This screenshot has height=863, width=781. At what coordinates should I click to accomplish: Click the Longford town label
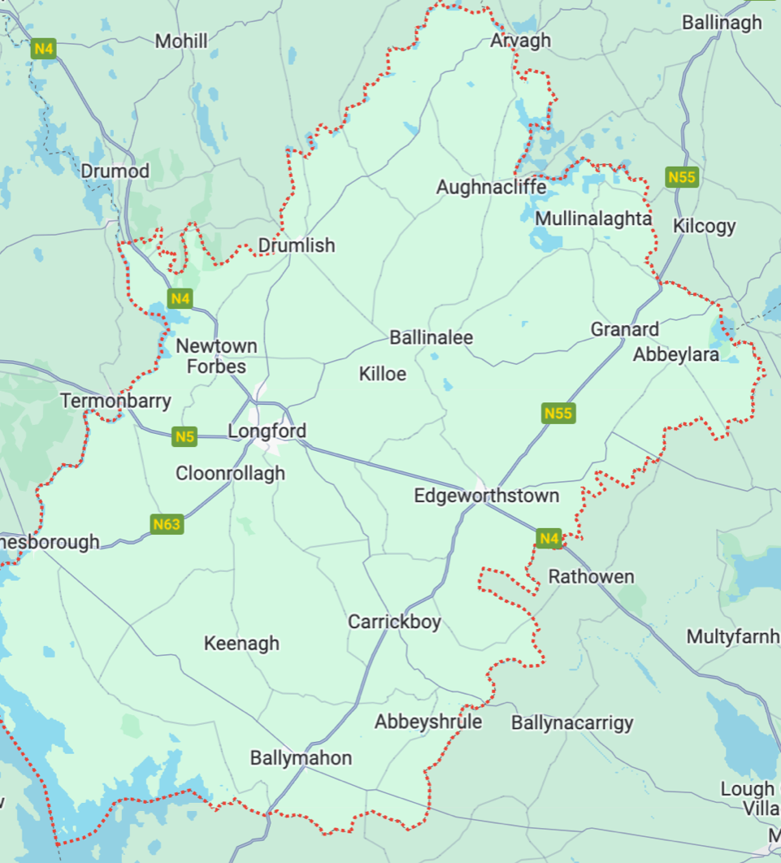pyautogui.click(x=267, y=431)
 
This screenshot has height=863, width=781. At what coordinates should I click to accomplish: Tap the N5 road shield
pyautogui.click(x=185, y=437)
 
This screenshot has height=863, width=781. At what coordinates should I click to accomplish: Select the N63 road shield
pyautogui.click(x=167, y=524)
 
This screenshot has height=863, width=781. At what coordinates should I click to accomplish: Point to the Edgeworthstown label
pyautogui.click(x=486, y=496)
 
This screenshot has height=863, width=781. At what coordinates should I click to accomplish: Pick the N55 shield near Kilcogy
pyautogui.click(x=681, y=177)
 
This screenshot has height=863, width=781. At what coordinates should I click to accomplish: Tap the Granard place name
pyautogui.click(x=624, y=329)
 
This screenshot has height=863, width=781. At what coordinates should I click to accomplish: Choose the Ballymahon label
pyautogui.click(x=301, y=758)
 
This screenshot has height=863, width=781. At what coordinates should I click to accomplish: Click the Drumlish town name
pyautogui.click(x=296, y=245)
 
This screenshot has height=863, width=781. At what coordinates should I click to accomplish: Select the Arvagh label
pyautogui.click(x=520, y=40)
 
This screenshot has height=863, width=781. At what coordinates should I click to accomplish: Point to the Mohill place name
pyautogui.click(x=181, y=41)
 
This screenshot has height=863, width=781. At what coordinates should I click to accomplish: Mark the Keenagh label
pyautogui.click(x=241, y=644)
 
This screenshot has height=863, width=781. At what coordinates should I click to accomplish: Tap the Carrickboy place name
pyautogui.click(x=394, y=622)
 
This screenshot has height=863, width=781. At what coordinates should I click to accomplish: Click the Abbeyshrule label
pyautogui.click(x=427, y=722)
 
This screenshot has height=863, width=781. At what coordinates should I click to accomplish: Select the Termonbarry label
pyautogui.click(x=116, y=401)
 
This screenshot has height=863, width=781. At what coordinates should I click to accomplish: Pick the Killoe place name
pyautogui.click(x=382, y=374)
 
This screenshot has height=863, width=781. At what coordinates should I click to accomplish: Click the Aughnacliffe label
pyautogui.click(x=491, y=188)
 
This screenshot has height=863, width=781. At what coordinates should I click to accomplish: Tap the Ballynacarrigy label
pyautogui.click(x=572, y=722)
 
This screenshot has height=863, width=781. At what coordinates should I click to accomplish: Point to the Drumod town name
pyautogui.click(x=115, y=171)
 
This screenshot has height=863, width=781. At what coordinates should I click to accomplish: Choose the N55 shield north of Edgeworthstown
pyautogui.click(x=558, y=413)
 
